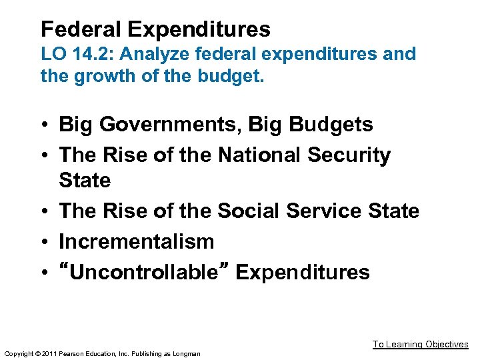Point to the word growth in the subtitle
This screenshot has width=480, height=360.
[100, 76]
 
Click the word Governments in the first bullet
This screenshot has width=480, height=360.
[159, 125]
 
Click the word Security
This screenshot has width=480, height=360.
[349, 155]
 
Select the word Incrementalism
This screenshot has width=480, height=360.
[137, 241]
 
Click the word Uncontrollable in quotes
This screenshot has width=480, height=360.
[146, 272]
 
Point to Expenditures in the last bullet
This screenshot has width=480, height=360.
[303, 272]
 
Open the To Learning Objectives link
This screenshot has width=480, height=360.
[420, 344]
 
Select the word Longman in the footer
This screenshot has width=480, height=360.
[186, 353]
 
